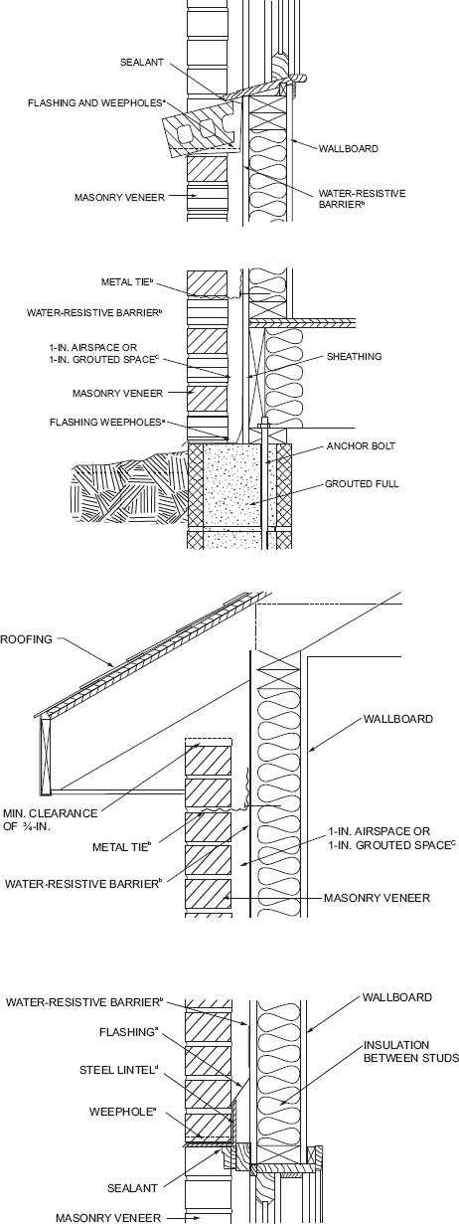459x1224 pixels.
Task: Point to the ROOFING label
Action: click(x=26, y=638)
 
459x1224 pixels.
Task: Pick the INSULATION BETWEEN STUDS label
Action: click(x=411, y=1051)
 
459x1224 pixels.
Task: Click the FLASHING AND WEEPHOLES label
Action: click(x=96, y=102)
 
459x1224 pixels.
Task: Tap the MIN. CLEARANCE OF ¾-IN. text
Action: click(x=51, y=819)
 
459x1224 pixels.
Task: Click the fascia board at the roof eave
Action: click(x=44, y=757)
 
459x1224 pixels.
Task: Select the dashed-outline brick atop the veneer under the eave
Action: click(x=209, y=742)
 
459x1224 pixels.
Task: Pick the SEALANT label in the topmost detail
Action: click(x=141, y=63)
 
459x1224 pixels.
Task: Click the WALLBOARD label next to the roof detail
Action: click(x=397, y=719)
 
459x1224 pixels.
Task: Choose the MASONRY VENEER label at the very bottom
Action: click(x=108, y=1217)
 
